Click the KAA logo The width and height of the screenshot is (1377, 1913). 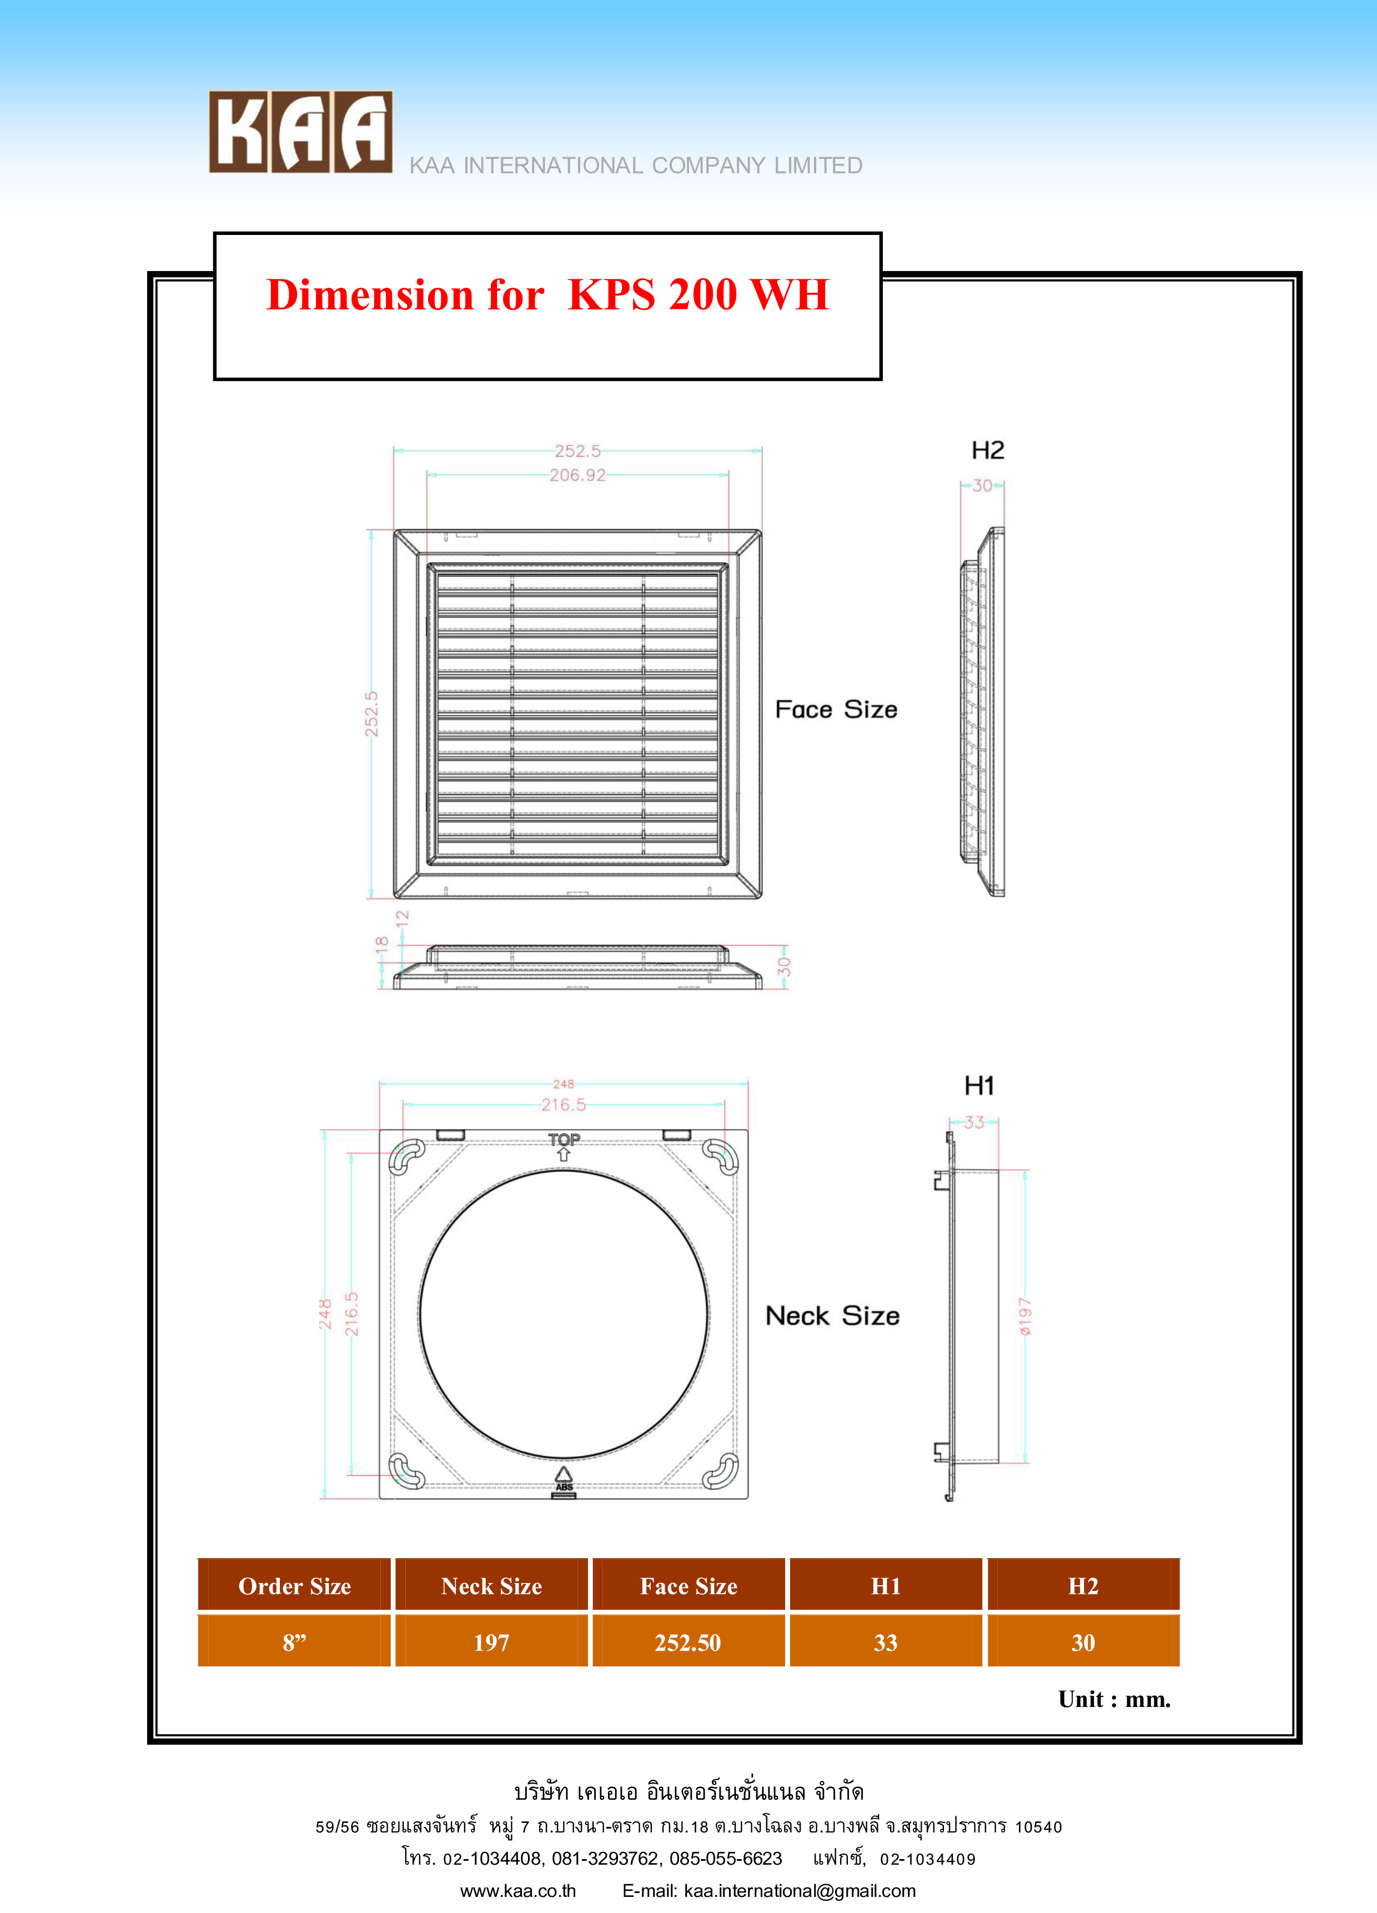[300, 132]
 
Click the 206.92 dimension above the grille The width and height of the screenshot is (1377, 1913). [577, 475]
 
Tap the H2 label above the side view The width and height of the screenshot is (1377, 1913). [987, 450]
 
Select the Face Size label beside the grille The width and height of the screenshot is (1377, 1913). [836, 709]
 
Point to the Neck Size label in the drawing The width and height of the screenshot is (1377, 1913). [832, 1316]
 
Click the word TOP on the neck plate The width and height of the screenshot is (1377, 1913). [564, 1140]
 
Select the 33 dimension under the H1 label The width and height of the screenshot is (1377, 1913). [974, 1123]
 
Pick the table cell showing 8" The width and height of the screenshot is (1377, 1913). [294, 1642]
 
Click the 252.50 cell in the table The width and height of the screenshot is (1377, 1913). [688, 1642]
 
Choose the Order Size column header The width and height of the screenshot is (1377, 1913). [294, 1586]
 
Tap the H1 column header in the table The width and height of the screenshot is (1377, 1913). [886, 1586]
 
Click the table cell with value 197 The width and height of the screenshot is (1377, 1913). [491, 1642]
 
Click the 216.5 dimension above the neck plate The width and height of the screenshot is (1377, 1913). [563, 1105]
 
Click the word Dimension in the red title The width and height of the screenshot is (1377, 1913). [369, 295]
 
